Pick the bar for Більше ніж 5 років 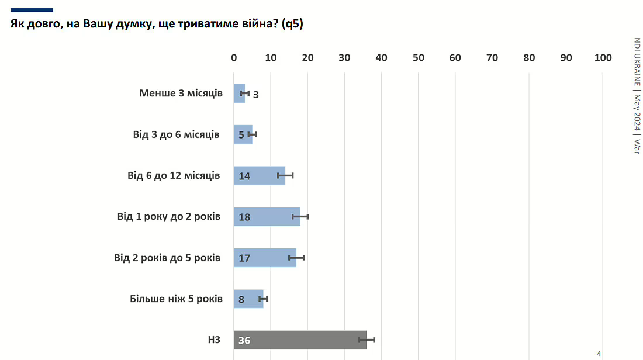(248, 299)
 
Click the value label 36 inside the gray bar (244, 341)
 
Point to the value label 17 (244, 258)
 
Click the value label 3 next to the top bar (255, 94)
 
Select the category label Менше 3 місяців (181, 93)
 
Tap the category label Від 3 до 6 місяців (176, 134)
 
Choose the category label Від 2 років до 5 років (167, 257)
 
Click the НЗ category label (213, 340)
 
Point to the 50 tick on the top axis (419, 58)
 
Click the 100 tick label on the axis (603, 58)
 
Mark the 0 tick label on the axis (234, 58)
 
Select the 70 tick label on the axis (492, 58)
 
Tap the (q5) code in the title (292, 25)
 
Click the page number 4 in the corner (599, 354)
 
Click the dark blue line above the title (32, 10)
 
